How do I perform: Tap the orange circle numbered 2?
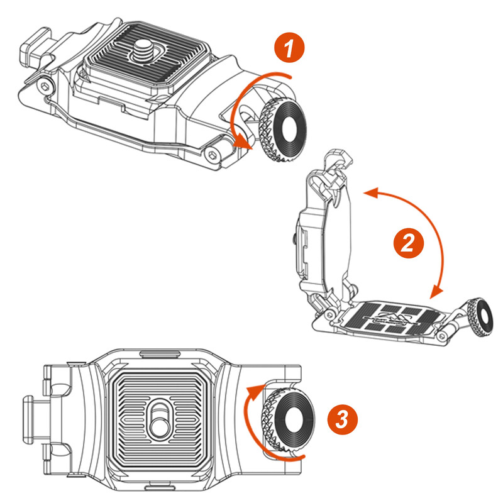(407, 243)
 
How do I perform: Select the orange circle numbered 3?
(341, 418)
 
